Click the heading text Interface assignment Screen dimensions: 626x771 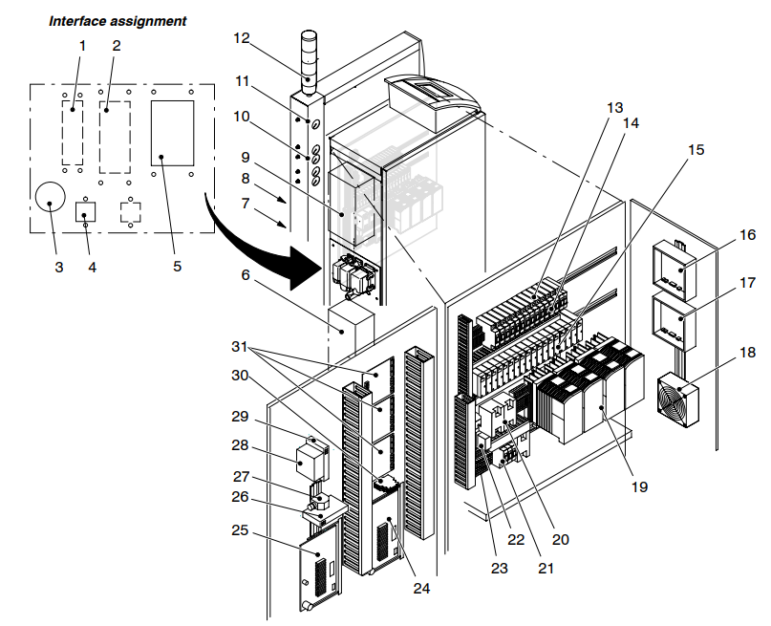(x=118, y=20)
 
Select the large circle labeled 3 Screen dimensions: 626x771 (x=50, y=196)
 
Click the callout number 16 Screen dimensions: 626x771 (x=746, y=233)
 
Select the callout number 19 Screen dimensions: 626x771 (x=639, y=486)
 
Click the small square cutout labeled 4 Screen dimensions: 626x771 (x=87, y=211)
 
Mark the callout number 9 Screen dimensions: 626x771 (x=244, y=156)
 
